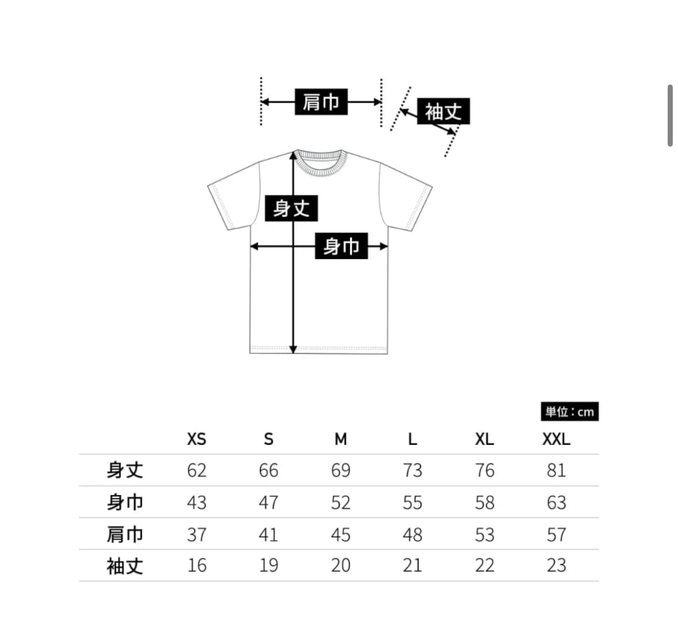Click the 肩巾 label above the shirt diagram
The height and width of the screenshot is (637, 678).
click(x=321, y=102)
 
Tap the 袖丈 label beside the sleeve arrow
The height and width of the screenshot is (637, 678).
click(x=443, y=111)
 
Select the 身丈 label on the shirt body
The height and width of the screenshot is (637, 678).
click(x=291, y=208)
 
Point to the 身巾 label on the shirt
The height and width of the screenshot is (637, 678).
click(x=341, y=246)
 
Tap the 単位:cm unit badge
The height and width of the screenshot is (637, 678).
click(x=569, y=412)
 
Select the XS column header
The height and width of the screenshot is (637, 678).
click(x=197, y=439)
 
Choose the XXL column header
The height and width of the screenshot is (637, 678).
click(x=556, y=439)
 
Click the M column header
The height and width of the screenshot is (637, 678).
click(x=341, y=439)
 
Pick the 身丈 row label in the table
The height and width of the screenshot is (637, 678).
click(x=125, y=470)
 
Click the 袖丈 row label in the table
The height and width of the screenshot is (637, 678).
click(x=125, y=566)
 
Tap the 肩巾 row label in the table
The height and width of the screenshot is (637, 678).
click(x=125, y=534)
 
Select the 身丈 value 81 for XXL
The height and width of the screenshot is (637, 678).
click(x=556, y=470)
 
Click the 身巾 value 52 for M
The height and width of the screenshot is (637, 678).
click(x=341, y=503)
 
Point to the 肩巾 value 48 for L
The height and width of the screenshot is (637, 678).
click(x=412, y=534)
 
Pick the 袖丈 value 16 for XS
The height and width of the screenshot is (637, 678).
click(x=197, y=566)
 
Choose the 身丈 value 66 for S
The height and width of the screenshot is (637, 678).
click(x=269, y=470)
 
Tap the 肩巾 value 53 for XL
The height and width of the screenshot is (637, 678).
click(x=484, y=534)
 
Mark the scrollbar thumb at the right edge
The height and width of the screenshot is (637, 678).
click(x=670, y=115)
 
